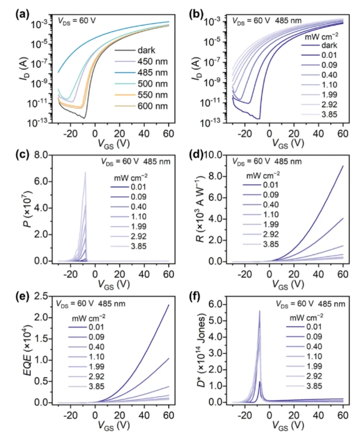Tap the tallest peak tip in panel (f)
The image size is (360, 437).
click(x=260, y=311)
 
